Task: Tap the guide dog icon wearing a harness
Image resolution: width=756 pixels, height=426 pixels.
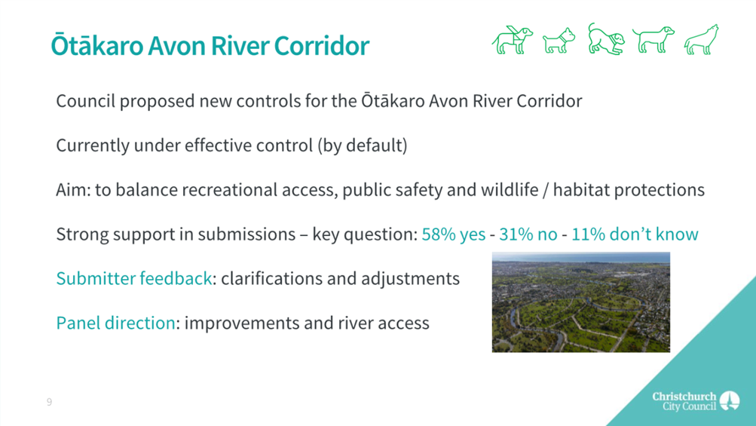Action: click(x=513, y=39)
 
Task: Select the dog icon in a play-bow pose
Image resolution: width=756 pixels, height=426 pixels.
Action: click(x=606, y=39)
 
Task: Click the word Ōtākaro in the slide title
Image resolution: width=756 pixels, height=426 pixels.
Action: click(x=97, y=45)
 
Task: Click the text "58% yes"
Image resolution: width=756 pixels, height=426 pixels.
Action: click(x=453, y=234)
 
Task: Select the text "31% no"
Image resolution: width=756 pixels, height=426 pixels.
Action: click(x=528, y=234)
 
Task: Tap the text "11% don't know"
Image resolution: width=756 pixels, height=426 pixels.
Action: click(x=635, y=234)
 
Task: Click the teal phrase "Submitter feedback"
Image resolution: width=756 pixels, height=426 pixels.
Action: click(x=134, y=278)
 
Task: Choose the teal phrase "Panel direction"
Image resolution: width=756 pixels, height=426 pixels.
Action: click(x=116, y=323)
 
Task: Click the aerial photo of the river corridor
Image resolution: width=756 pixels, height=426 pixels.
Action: click(x=581, y=302)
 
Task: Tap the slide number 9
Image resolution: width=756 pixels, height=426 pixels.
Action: click(x=49, y=402)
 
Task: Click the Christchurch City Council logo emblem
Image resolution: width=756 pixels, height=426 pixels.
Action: click(x=729, y=400)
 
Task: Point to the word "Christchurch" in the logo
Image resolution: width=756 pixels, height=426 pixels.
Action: click(x=684, y=397)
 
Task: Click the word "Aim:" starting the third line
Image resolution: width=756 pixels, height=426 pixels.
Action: click(x=73, y=189)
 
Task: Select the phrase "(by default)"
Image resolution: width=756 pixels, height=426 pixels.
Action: click(x=362, y=146)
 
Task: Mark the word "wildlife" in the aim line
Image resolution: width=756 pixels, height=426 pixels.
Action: click(x=509, y=189)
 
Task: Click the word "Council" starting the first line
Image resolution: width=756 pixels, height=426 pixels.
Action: click(x=85, y=101)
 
